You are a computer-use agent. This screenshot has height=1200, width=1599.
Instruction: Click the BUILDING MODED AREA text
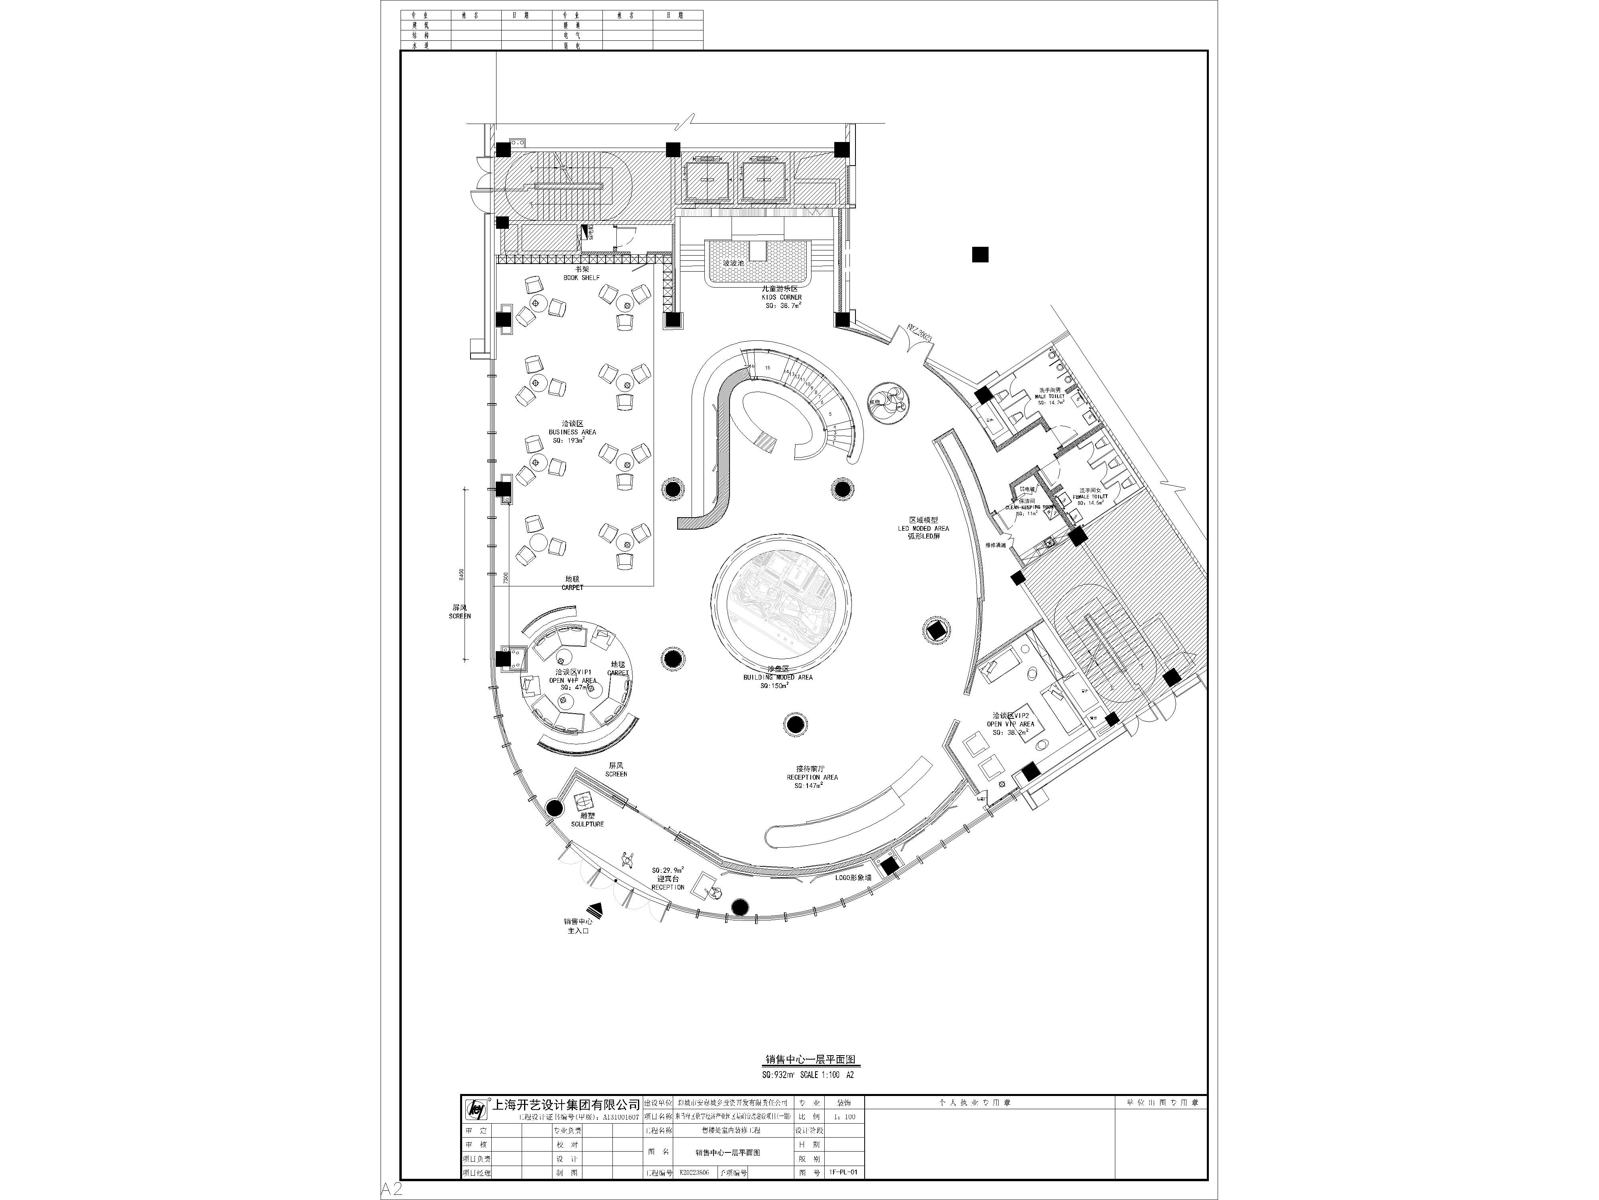point(778,678)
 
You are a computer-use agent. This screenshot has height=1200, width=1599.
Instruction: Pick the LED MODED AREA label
point(923,529)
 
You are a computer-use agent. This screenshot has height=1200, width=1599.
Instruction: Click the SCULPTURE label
point(587,824)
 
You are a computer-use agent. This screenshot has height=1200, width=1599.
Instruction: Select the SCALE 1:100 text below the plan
point(820,1075)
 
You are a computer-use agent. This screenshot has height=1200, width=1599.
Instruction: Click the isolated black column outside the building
point(980,255)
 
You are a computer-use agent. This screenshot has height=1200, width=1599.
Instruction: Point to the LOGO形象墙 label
point(853,877)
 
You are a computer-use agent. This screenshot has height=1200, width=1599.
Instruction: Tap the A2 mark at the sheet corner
point(392,1190)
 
